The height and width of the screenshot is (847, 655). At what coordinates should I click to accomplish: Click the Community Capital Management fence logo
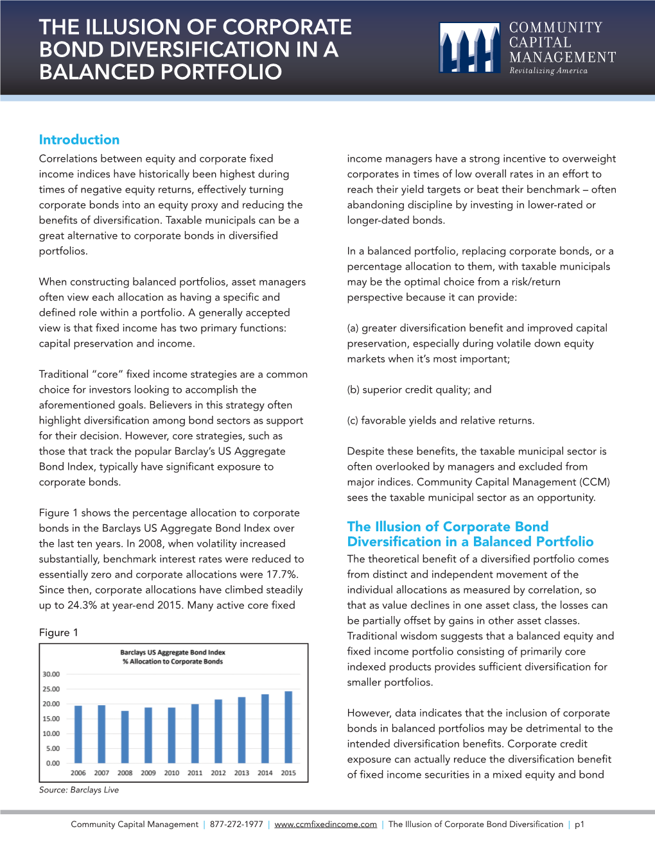(x=470, y=47)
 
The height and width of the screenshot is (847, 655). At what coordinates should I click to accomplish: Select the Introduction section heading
(x=79, y=140)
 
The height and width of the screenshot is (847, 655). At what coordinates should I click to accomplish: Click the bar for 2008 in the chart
(x=125, y=737)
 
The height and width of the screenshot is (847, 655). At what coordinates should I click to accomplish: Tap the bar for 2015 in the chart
(x=288, y=727)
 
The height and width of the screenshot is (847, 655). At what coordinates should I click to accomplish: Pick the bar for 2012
(x=218, y=731)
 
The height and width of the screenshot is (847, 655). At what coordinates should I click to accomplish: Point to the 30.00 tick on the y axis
(x=51, y=674)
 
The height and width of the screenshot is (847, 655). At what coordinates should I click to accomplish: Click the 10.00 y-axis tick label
(x=51, y=733)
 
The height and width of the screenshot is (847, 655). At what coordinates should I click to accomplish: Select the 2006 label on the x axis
(x=78, y=773)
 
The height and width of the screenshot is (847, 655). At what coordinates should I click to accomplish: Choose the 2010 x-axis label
(x=171, y=773)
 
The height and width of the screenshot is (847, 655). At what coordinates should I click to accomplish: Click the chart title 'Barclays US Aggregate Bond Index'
(x=173, y=653)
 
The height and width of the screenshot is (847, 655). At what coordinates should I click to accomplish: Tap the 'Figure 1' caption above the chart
(x=58, y=633)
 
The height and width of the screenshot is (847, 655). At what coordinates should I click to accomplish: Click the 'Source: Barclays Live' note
(x=79, y=790)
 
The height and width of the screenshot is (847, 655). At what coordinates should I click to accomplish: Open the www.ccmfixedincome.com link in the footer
(x=326, y=825)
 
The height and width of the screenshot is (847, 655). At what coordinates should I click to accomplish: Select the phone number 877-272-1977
(x=236, y=825)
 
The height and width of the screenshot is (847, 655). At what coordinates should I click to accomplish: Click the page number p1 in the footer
(x=579, y=825)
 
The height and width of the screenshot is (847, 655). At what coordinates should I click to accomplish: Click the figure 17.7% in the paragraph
(x=281, y=574)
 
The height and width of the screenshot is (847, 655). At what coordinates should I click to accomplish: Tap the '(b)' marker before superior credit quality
(x=353, y=389)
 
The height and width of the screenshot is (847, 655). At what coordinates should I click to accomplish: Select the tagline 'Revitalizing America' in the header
(x=548, y=71)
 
